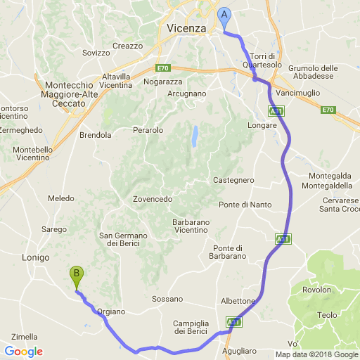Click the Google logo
tap(23, 352)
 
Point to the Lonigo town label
tap(36, 257)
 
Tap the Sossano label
tap(167, 299)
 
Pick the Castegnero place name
tap(233, 180)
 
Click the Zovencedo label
tap(153, 199)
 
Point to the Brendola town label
tap(96, 134)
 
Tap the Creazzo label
tap(127, 46)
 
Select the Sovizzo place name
tap(96, 53)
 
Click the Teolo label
tap(327, 315)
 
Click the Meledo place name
tap(61, 199)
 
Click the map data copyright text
tap(316, 354)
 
